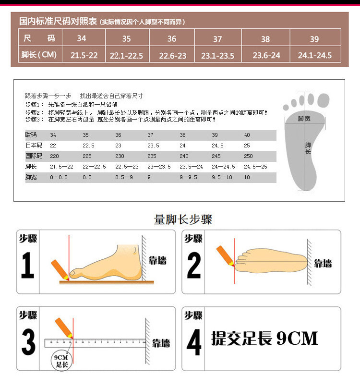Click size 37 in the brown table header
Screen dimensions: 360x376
click(x=217, y=39)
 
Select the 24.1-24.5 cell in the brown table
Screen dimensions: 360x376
click(x=315, y=56)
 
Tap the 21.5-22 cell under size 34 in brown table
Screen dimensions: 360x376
click(x=84, y=55)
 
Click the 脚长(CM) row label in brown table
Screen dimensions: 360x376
click(x=39, y=55)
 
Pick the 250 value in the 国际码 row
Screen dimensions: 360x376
click(x=248, y=156)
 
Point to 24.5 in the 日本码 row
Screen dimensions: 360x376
click(x=217, y=146)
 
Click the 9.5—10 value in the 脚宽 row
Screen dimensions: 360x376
click(x=222, y=177)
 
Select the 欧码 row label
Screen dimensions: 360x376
click(x=31, y=135)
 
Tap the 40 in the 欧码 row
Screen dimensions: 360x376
click(x=247, y=135)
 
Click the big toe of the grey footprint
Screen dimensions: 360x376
click(x=324, y=100)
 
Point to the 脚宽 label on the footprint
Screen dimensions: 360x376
click(x=304, y=119)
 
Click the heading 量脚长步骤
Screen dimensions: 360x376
click(x=183, y=219)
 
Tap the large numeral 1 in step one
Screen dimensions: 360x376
click(x=27, y=265)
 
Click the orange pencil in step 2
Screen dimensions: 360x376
click(x=225, y=256)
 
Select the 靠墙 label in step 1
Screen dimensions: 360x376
click(x=157, y=260)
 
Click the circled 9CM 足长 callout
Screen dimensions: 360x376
click(x=61, y=361)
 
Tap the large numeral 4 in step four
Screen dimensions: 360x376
click(x=194, y=342)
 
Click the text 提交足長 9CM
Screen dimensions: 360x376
click(x=264, y=339)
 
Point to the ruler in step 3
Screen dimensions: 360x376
click(x=96, y=343)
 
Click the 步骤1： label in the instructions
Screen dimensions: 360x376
click(x=35, y=105)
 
